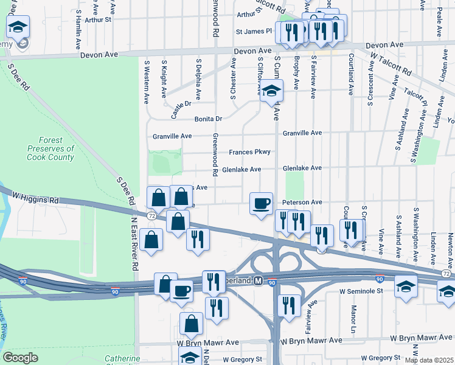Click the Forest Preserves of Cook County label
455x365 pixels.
point(50,148)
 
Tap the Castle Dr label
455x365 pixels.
point(176,109)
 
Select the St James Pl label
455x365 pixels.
point(257,32)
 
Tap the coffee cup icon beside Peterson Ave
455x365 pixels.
point(262,203)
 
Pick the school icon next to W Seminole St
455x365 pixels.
point(406,285)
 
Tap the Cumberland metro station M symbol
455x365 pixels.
point(257,282)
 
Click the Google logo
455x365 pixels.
point(21,358)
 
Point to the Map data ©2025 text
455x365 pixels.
point(429,360)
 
